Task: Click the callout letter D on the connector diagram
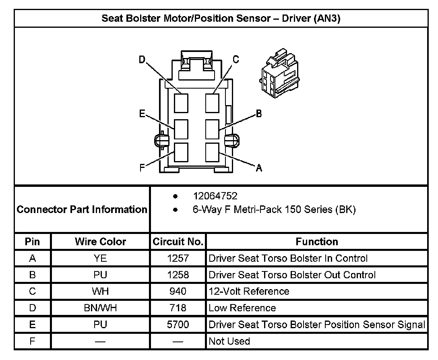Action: pyautogui.click(x=142, y=60)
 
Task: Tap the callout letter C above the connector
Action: pyautogui.click(x=236, y=60)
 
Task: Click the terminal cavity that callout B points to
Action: pyautogui.click(x=212, y=129)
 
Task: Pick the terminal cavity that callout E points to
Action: pyautogui.click(x=181, y=129)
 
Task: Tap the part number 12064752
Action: pyautogui.click(x=215, y=196)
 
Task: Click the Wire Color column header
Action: pyautogui.click(x=100, y=242)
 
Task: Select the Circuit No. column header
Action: pyautogui.click(x=178, y=242)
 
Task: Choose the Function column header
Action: pyautogui.click(x=317, y=242)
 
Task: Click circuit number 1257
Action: pyautogui.click(x=178, y=258)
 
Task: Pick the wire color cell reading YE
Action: pyautogui.click(x=100, y=258)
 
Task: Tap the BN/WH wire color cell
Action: pyautogui.click(x=100, y=308)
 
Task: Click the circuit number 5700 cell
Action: pyautogui.click(x=178, y=325)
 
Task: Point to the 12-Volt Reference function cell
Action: pyautogui.click(x=249, y=291)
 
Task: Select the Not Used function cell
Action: pyautogui.click(x=229, y=341)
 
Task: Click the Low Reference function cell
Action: pyautogui.click(x=242, y=308)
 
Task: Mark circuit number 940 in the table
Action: pyautogui.click(x=178, y=291)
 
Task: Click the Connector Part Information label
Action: pyautogui.click(x=82, y=209)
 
